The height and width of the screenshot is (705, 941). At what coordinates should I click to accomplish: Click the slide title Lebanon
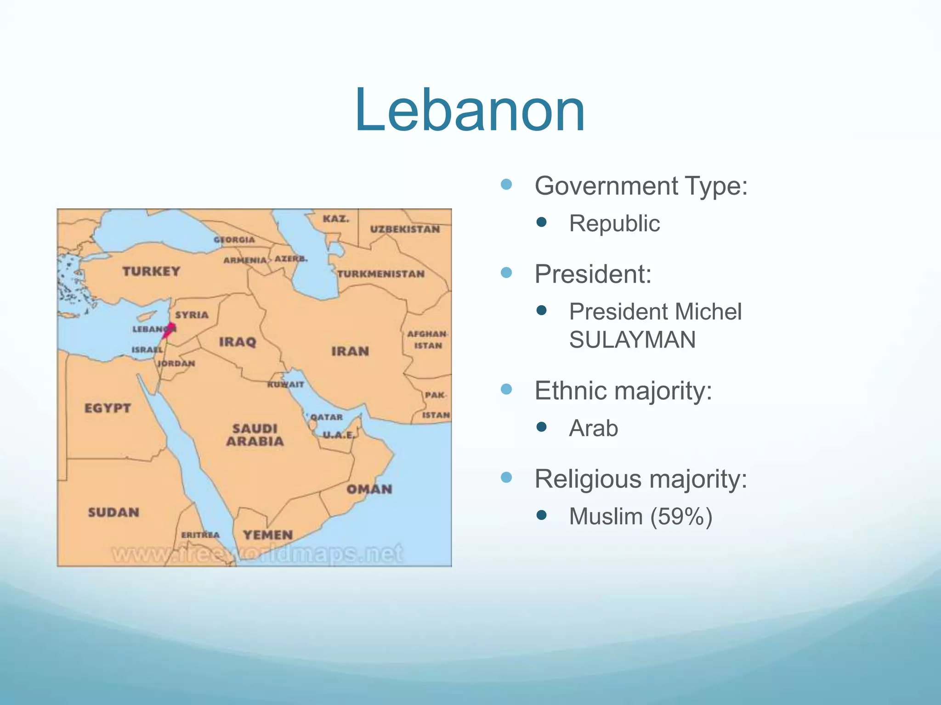(x=470, y=111)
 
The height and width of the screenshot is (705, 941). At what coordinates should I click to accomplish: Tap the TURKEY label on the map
(x=151, y=271)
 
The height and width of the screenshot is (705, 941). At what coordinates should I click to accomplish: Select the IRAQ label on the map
(x=238, y=342)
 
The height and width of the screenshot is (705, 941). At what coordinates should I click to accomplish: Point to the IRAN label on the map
(x=350, y=352)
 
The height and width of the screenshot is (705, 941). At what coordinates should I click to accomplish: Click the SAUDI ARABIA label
(x=255, y=435)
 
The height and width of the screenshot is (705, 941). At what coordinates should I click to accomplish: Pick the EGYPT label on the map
(x=108, y=408)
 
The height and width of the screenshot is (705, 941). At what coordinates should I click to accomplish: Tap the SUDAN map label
(x=113, y=512)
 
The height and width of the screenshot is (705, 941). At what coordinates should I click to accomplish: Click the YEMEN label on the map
(x=268, y=535)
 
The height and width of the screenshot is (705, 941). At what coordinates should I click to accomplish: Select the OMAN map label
(x=369, y=489)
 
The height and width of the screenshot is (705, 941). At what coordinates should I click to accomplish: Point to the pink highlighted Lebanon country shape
(x=169, y=330)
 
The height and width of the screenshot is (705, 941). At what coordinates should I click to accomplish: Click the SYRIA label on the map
(x=192, y=315)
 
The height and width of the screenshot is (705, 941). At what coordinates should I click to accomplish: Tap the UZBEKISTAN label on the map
(x=405, y=229)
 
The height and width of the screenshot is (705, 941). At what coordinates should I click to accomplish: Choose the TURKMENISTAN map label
(x=381, y=274)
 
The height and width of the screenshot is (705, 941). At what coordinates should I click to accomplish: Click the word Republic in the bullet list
(x=614, y=224)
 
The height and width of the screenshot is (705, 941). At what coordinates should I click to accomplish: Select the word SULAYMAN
(x=632, y=340)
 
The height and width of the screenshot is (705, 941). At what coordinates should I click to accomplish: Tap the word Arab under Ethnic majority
(x=593, y=428)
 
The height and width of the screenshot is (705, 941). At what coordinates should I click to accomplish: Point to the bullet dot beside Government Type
(x=506, y=185)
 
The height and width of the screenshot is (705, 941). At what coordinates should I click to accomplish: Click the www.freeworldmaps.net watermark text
(x=257, y=554)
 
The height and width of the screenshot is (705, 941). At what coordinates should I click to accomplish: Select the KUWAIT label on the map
(x=285, y=385)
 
